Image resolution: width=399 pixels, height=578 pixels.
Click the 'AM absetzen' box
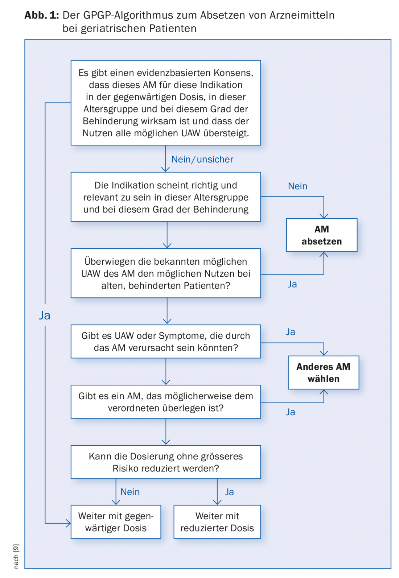coord(322,235)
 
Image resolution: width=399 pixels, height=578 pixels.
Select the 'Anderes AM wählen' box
coord(324,372)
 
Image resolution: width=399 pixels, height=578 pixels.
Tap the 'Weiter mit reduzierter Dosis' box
coord(217,522)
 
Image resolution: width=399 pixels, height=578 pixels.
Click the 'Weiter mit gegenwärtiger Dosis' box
coord(116,522)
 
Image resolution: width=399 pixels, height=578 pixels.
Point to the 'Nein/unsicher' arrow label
coord(202,159)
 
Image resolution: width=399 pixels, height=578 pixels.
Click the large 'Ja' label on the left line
coord(45,315)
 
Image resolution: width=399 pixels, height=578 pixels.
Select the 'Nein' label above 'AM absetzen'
coord(297,186)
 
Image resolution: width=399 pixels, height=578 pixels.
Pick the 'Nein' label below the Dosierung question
coord(130,492)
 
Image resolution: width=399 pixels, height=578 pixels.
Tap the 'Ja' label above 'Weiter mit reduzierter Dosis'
coord(229,492)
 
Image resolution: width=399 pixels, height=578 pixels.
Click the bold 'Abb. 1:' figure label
coord(41,15)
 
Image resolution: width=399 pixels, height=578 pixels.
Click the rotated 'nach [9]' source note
coord(16,556)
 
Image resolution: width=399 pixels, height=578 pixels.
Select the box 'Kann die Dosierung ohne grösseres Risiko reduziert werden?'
coord(166,462)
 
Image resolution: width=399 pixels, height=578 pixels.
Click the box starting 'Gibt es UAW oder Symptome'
coord(166,342)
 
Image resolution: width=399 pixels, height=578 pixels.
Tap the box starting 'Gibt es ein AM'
coord(166,402)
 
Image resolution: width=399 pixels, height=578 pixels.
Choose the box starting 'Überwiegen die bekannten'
coord(166,273)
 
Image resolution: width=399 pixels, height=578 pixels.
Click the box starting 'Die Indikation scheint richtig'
coord(166,197)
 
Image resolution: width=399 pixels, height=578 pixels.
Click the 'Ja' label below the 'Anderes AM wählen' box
coord(290,412)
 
